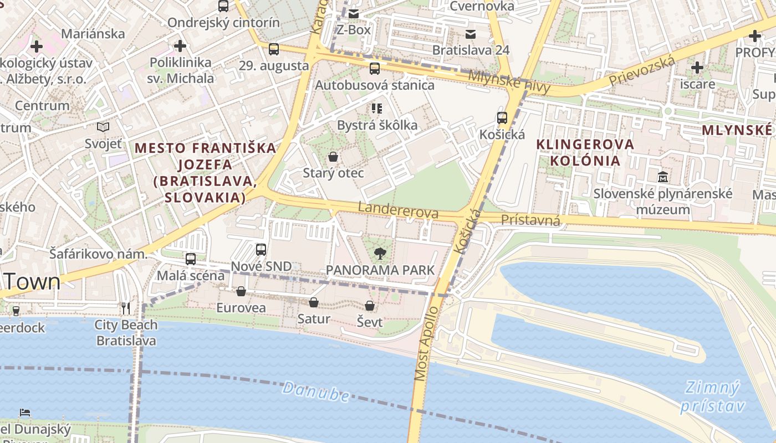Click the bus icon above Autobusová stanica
click(x=375, y=69)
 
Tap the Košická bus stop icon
click(x=502, y=117)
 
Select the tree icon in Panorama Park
click(x=380, y=254)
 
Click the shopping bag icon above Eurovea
click(x=241, y=291)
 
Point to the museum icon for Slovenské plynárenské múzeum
click(x=663, y=177)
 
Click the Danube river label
click(x=316, y=392)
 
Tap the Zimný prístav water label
click(x=712, y=396)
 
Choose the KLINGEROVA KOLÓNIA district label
click(x=585, y=152)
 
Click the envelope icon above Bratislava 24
click(x=471, y=34)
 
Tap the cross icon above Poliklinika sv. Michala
click(x=180, y=46)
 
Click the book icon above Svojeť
click(x=103, y=127)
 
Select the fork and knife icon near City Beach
click(x=126, y=308)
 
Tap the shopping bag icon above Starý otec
click(x=333, y=157)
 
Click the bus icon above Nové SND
click(x=261, y=250)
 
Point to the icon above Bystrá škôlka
click(x=377, y=108)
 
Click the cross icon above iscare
click(x=697, y=68)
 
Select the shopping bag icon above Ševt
click(x=370, y=306)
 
